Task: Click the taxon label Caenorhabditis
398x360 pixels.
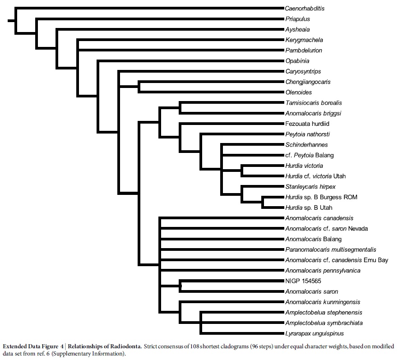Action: coord(305,9)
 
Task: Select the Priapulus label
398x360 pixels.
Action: coord(297,19)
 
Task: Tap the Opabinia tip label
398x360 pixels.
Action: coord(297,61)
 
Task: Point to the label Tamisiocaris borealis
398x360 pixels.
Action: coord(314,103)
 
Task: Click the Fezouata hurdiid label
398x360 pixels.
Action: coord(307,124)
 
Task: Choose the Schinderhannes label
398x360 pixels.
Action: coord(306,145)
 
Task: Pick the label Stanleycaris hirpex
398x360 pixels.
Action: coord(310,187)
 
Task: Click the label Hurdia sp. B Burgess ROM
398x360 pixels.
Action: coord(321,197)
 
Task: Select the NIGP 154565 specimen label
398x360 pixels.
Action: coord(303,281)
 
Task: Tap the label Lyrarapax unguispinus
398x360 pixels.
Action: coord(315,333)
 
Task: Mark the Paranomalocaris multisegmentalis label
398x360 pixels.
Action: coord(330,249)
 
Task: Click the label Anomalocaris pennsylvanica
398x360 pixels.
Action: coord(323,270)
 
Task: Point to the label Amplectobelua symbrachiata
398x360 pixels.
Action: coord(324,323)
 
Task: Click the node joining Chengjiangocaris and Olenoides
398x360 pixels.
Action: coord(139,87)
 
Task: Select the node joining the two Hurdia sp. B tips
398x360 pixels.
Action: coord(263,202)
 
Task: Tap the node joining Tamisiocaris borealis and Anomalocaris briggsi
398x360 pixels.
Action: coord(180,108)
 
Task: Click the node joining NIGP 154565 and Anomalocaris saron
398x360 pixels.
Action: coord(180,286)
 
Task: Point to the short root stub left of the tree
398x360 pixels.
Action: coord(11,21)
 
